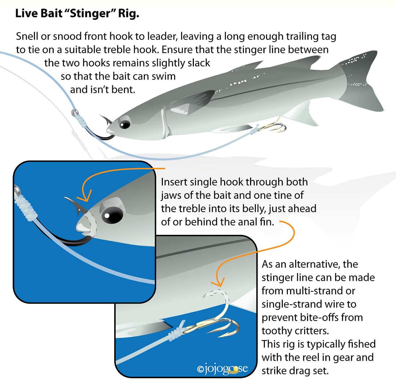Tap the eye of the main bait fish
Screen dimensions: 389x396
(125, 125)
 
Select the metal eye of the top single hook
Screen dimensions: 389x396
(75, 113)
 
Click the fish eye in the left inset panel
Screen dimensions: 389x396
(111, 215)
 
